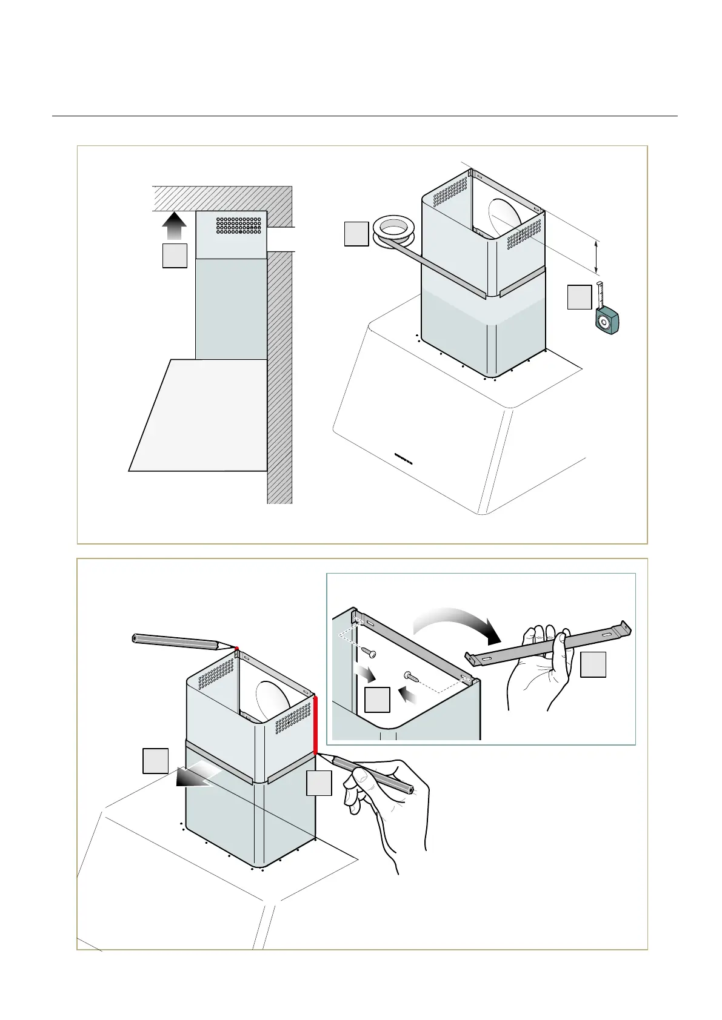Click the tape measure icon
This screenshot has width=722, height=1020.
[x=607, y=317]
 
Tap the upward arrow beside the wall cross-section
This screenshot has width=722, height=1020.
[x=174, y=227]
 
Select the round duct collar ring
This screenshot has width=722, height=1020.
[x=393, y=231]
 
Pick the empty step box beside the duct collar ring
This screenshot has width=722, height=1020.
[x=356, y=234]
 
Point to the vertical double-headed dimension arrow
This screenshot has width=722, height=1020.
[x=597, y=257]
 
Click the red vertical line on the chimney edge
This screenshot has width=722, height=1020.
[x=315, y=724]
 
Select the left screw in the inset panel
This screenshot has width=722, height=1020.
[x=368, y=654]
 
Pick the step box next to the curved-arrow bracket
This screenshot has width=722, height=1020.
[x=593, y=664]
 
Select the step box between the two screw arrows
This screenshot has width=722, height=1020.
[x=377, y=700]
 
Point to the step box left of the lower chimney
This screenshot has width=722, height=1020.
[x=155, y=761]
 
